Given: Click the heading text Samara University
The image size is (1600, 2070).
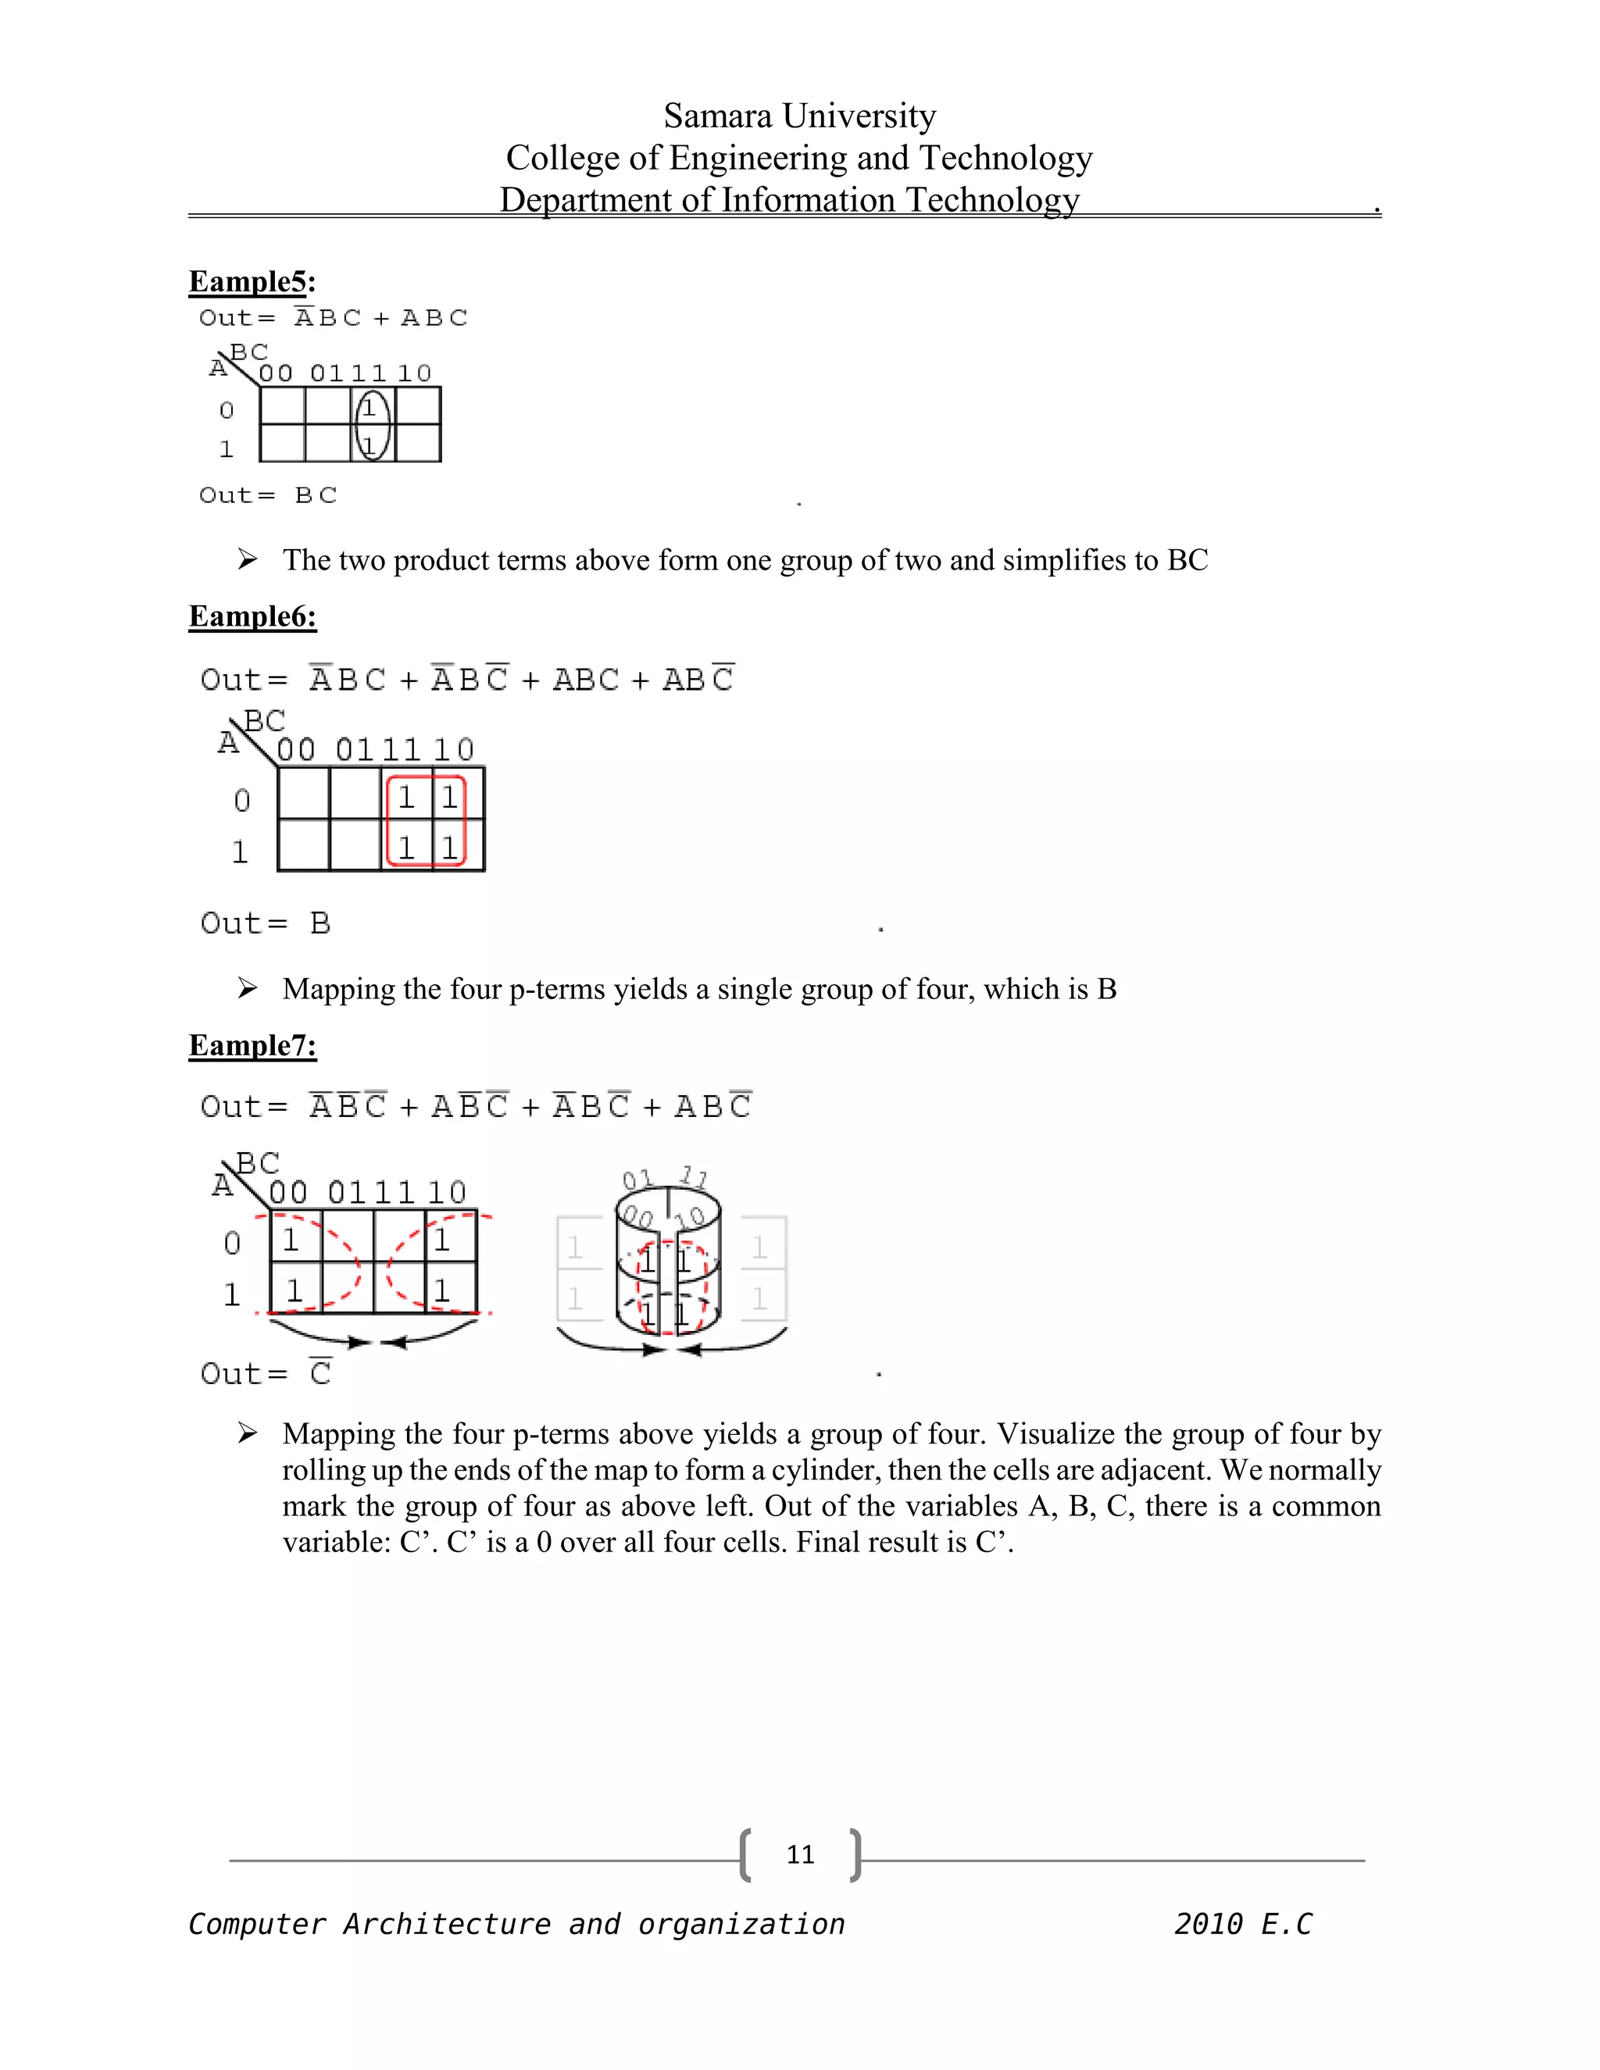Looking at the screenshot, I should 799,116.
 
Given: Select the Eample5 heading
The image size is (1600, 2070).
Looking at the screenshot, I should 252,281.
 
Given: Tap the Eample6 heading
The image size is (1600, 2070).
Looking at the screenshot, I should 252,616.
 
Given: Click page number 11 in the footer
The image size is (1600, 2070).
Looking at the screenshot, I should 800,1855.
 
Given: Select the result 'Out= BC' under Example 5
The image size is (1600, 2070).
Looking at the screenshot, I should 268,494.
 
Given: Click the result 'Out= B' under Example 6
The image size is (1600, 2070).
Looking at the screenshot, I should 266,923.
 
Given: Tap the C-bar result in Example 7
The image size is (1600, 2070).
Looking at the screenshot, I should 320,1372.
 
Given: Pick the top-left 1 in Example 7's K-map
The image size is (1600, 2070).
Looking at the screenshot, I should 291,1239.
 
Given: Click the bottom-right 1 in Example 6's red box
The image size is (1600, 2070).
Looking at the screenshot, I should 449,847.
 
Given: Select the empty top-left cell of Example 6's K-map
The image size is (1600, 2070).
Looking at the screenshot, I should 303,794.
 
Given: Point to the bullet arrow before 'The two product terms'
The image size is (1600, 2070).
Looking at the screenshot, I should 248,559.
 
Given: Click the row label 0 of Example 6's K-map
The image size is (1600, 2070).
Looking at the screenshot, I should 241,801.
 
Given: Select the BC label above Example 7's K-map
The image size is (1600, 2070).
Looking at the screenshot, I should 258,1162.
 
